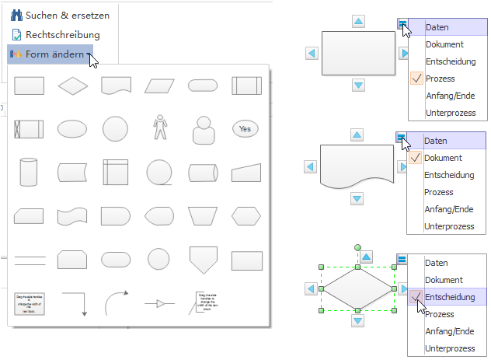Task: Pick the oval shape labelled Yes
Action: pyautogui.click(x=245, y=128)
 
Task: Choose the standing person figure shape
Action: pyautogui.click(x=160, y=128)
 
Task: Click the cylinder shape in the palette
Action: pyautogui.click(x=29, y=171)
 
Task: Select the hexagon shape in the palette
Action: pyautogui.click(x=245, y=215)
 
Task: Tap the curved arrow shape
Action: pyautogui.click(x=116, y=302)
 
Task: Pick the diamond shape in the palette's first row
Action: pyautogui.click(x=73, y=86)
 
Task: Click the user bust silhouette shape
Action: pyautogui.click(x=204, y=129)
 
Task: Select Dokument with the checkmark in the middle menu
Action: pyautogui.click(x=443, y=158)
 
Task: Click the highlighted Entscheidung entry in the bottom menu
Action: pyautogui.click(x=451, y=297)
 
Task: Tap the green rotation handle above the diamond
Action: pyautogui.click(x=357, y=248)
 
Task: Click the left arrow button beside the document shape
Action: pyautogui.click(x=310, y=167)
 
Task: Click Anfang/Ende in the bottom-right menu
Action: pyautogui.click(x=448, y=331)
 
